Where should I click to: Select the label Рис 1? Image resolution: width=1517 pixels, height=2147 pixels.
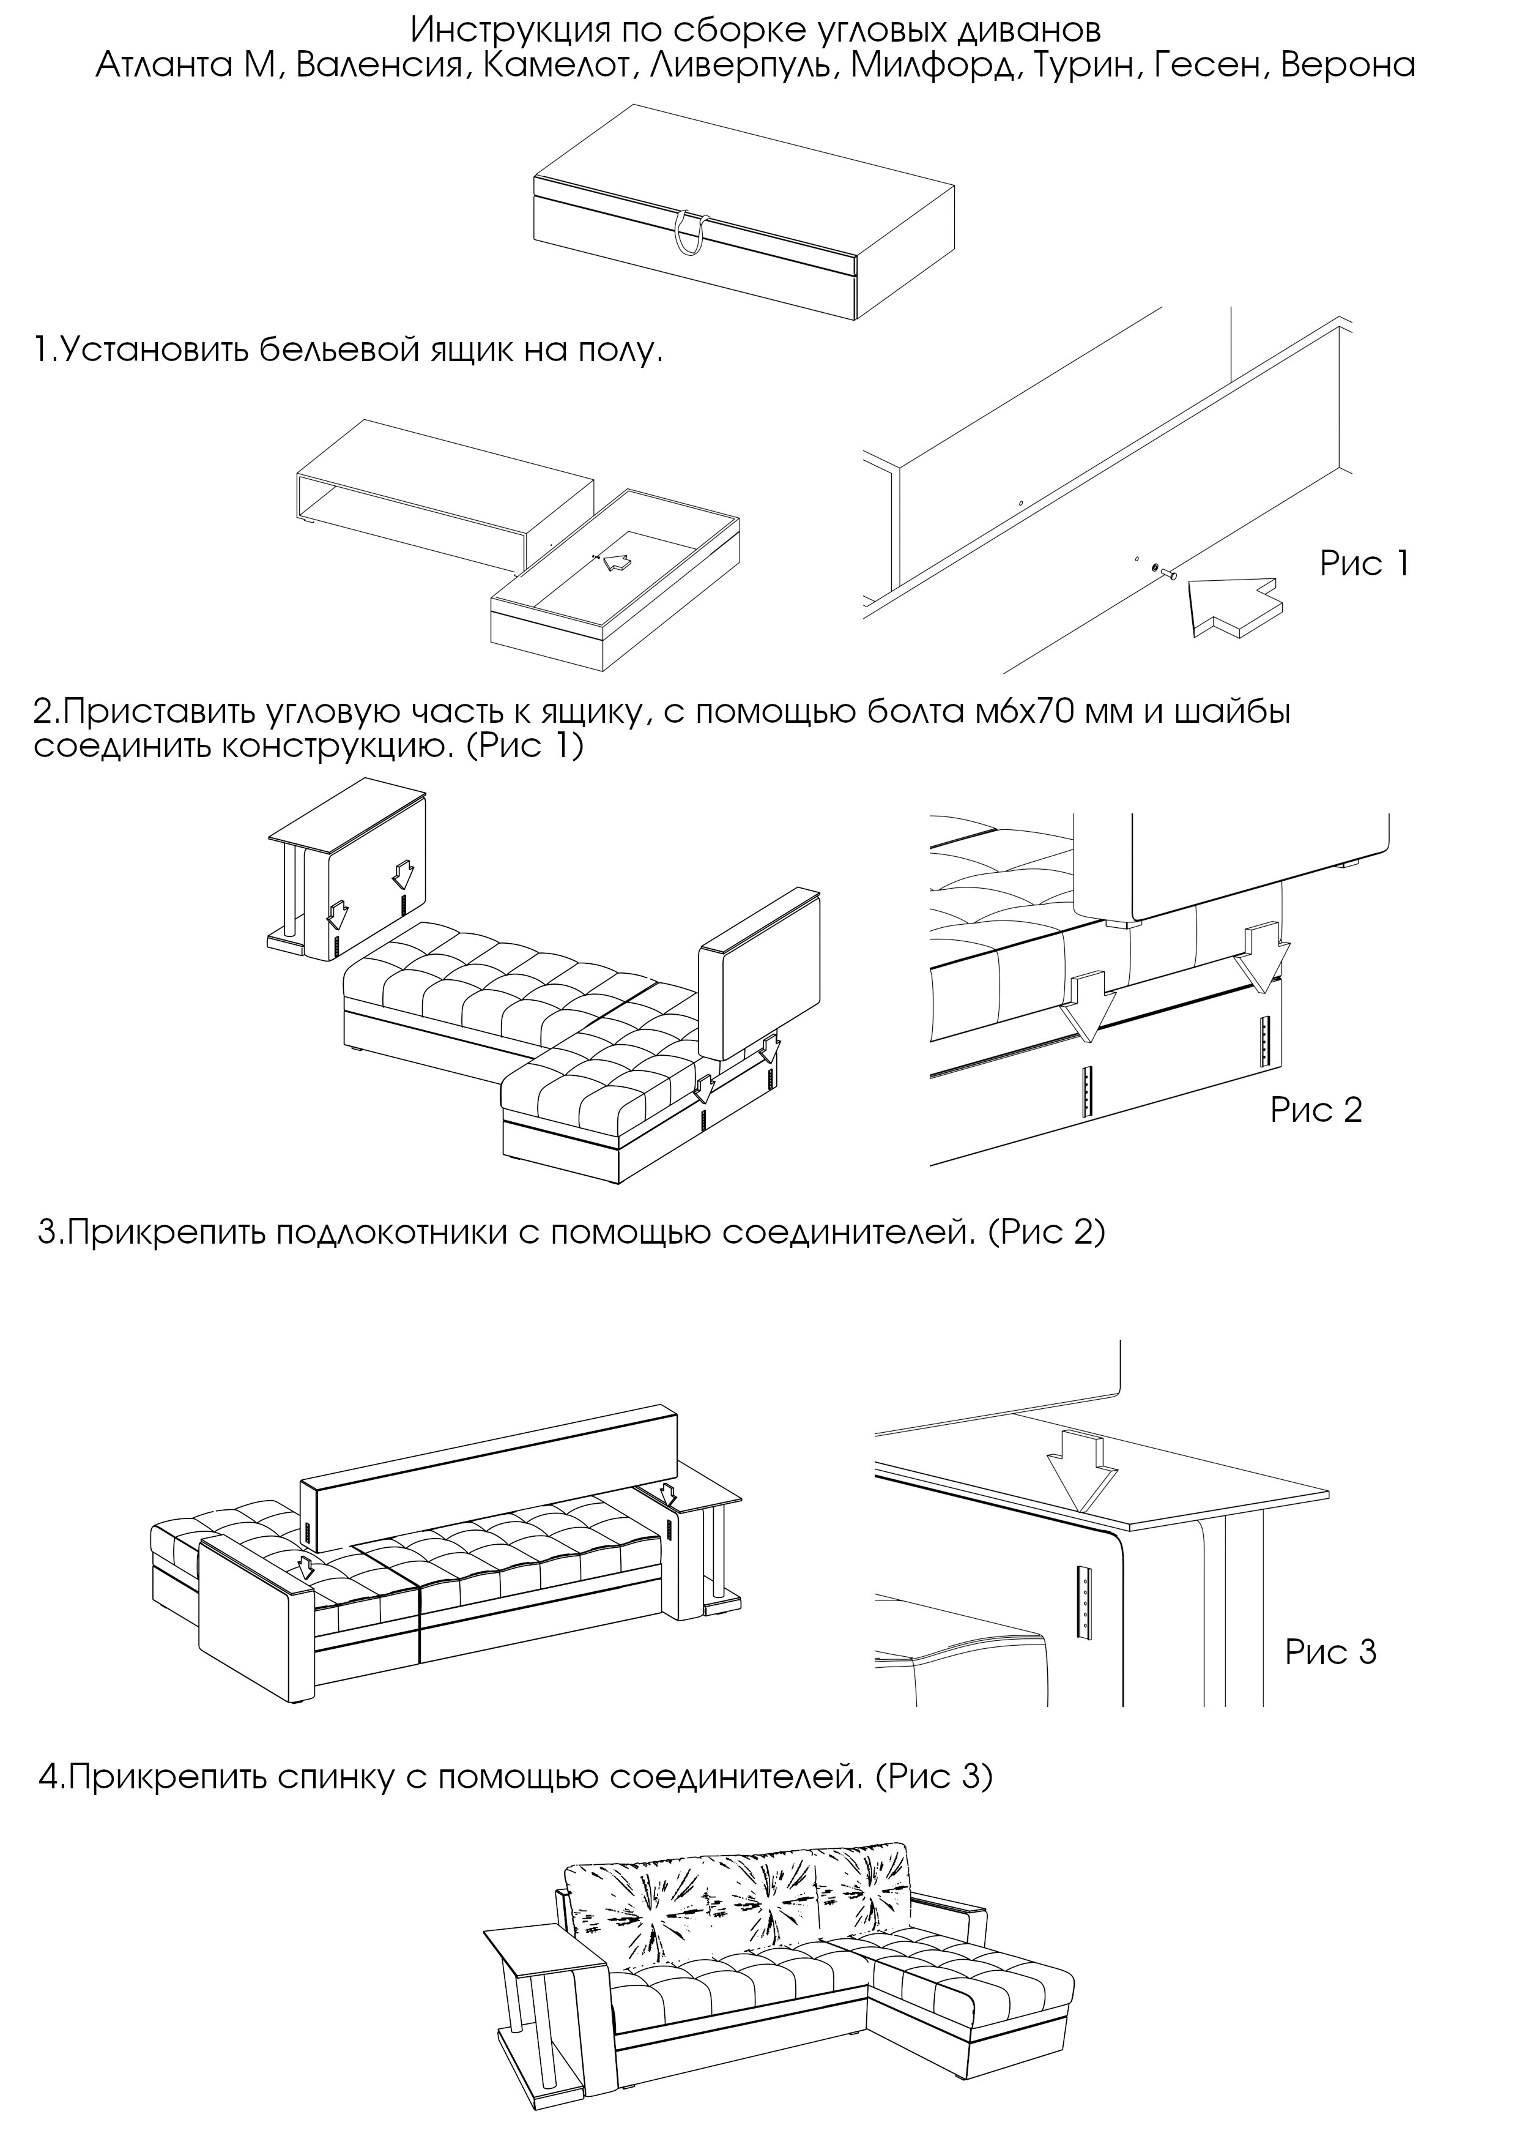point(1363,563)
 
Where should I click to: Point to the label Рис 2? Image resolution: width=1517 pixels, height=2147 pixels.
point(1315,1110)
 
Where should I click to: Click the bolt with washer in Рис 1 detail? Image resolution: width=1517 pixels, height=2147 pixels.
point(1163,572)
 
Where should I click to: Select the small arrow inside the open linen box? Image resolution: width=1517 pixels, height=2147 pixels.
point(614,561)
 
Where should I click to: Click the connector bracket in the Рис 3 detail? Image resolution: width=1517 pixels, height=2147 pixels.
point(1085,1601)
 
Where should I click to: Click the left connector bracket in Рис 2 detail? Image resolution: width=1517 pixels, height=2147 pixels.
point(1086,1089)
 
